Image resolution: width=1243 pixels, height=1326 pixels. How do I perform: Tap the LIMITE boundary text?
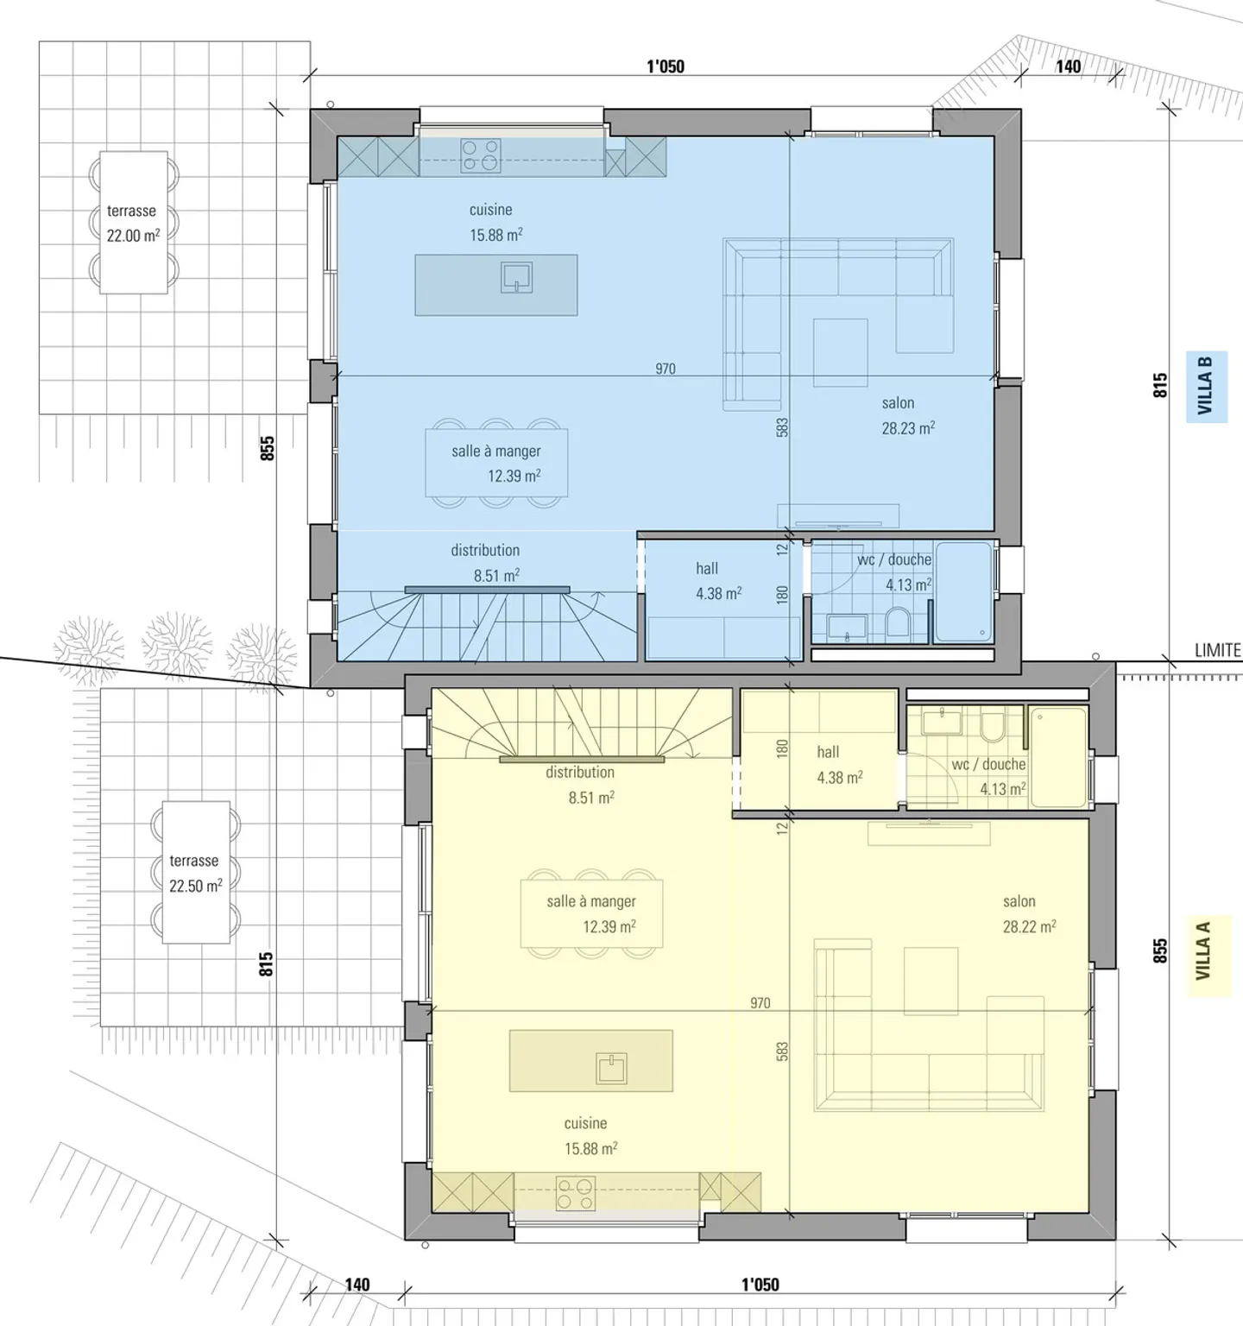(1217, 650)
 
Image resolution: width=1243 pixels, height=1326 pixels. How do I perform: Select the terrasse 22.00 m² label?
(132, 223)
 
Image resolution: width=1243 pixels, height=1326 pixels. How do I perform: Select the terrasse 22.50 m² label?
(195, 873)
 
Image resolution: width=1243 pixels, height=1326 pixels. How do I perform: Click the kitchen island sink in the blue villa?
(517, 277)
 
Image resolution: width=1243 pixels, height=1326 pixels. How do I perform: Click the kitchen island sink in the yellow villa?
(612, 1068)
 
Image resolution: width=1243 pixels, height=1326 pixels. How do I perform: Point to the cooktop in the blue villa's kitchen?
(481, 156)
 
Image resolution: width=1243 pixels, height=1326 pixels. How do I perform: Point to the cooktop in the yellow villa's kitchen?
(575, 1193)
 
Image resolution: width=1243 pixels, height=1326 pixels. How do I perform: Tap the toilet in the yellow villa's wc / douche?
(993, 726)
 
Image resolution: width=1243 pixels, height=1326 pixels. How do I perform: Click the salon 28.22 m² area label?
(1029, 913)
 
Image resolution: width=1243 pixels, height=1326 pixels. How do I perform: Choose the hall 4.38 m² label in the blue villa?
(718, 581)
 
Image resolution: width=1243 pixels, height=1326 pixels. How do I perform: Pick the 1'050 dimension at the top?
(666, 66)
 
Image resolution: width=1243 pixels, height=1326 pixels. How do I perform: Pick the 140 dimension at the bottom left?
(357, 1284)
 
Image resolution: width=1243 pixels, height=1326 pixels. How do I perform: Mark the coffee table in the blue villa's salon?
(840, 353)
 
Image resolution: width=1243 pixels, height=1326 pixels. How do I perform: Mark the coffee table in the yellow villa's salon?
(931, 981)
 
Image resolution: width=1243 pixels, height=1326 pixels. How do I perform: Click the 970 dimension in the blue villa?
(666, 369)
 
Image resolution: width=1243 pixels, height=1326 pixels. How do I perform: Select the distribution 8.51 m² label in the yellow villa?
(580, 785)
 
